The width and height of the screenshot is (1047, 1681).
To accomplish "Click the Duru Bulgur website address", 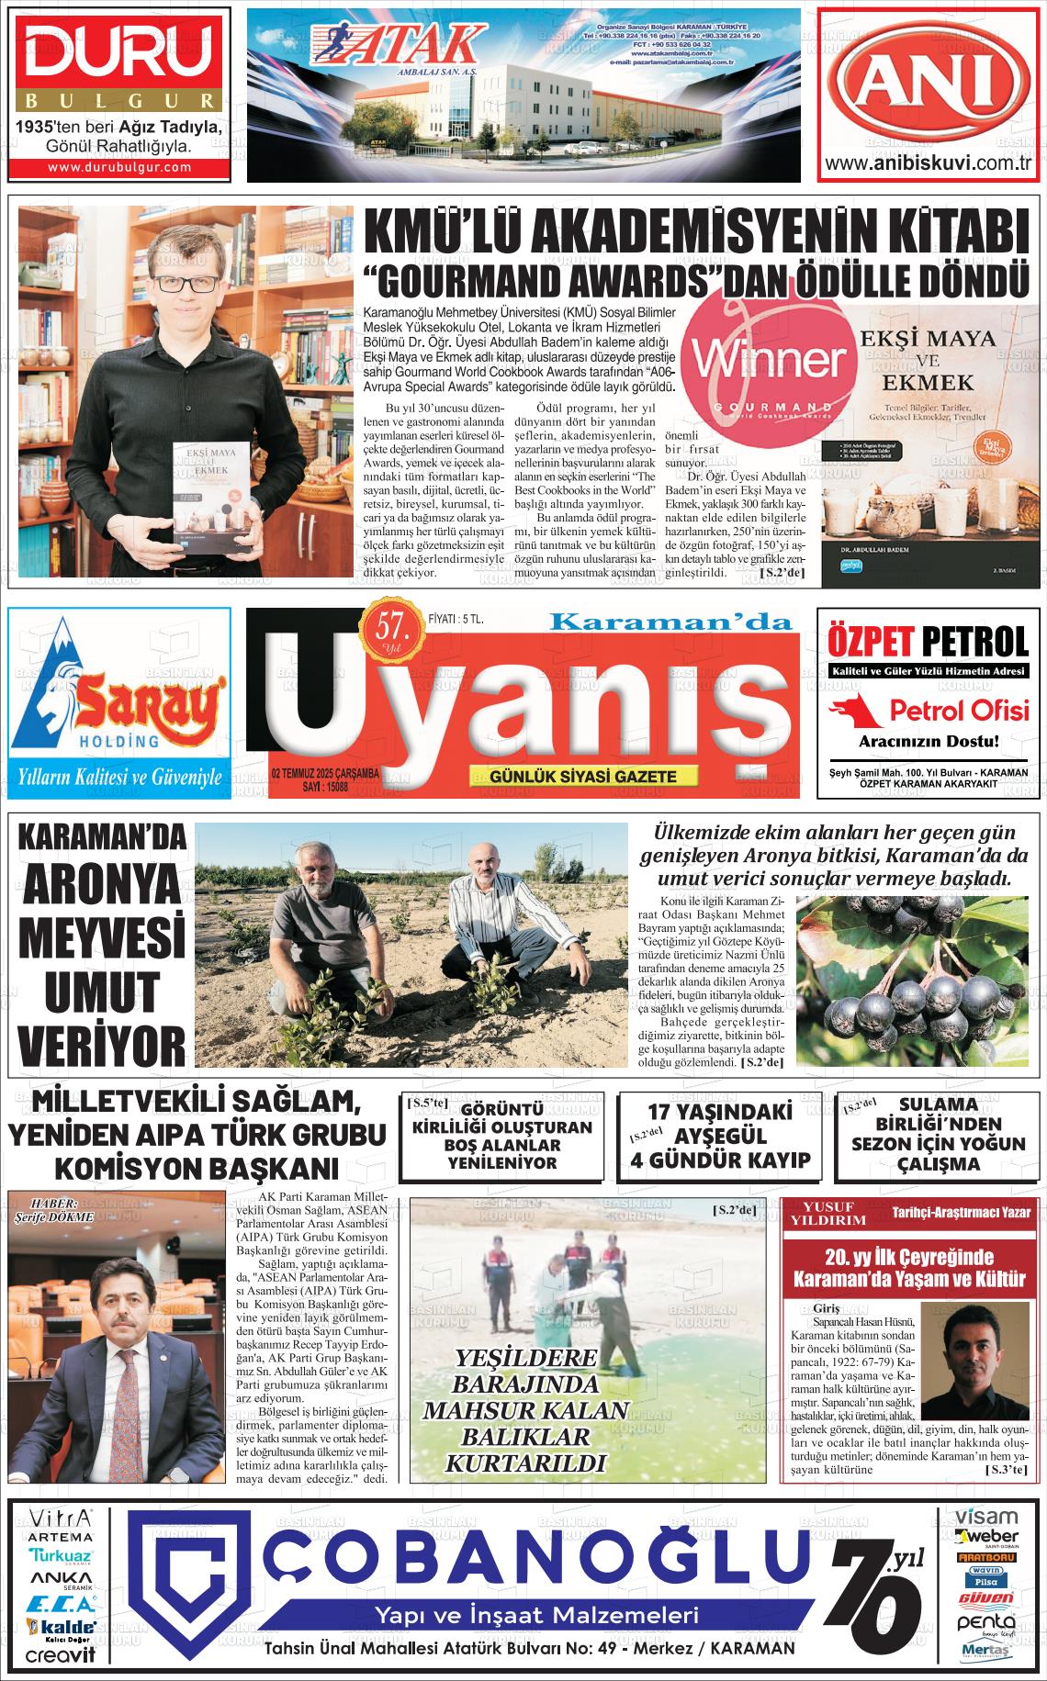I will (119, 167).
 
